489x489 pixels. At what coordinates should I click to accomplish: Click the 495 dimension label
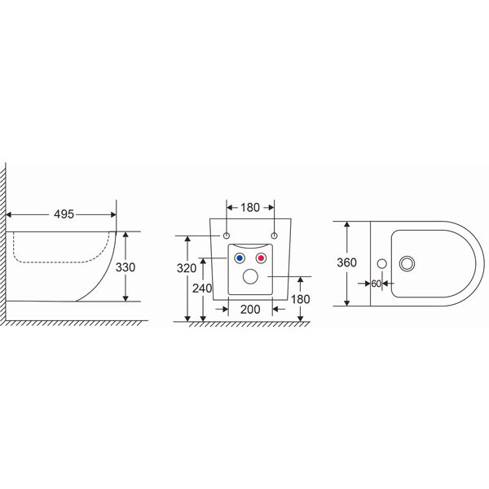click(x=64, y=214)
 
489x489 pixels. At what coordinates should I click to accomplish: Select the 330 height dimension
click(x=126, y=267)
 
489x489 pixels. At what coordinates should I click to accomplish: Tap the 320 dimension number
click(x=187, y=268)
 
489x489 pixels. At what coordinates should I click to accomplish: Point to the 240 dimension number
click(x=202, y=289)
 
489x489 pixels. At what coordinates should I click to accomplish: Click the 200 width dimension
click(x=250, y=310)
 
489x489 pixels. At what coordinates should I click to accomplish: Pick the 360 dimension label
click(x=346, y=262)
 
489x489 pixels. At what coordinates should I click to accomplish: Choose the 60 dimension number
click(x=376, y=284)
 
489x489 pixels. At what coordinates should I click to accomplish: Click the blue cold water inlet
click(x=240, y=258)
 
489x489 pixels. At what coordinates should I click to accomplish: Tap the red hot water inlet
click(x=261, y=258)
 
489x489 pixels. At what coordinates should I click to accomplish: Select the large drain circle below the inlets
click(x=250, y=276)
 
